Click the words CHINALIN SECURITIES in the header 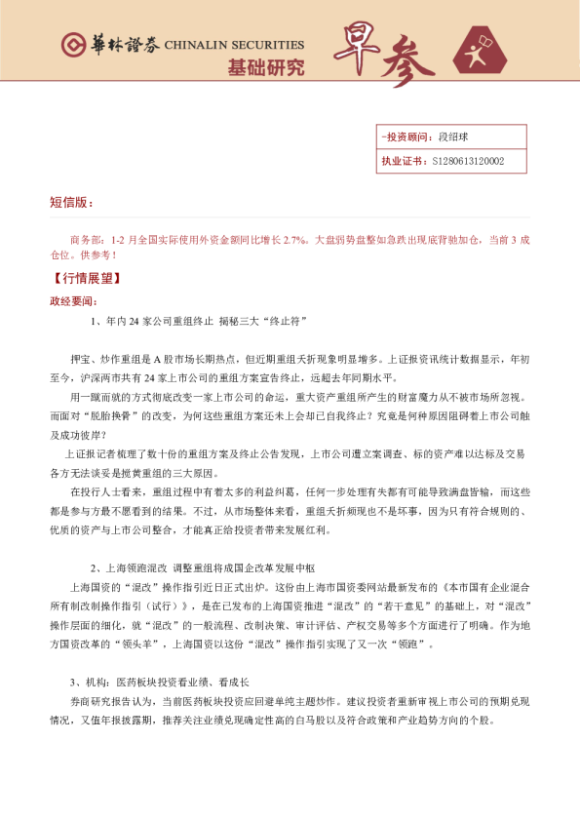[x=234, y=45]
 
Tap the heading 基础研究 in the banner [x=265, y=68]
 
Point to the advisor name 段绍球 [x=454, y=137]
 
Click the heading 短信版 [x=70, y=203]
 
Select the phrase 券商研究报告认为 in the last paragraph [x=103, y=702]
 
